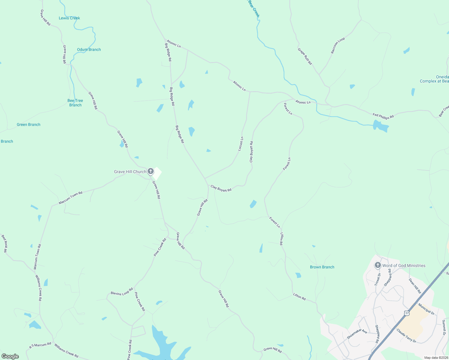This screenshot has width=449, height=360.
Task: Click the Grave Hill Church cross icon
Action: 151,171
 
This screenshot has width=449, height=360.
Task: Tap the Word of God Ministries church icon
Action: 378,265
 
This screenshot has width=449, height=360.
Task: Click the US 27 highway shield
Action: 407,313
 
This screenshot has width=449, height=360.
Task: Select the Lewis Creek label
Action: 69,18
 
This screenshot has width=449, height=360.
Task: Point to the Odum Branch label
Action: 89,49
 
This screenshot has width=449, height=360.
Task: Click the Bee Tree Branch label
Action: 75,103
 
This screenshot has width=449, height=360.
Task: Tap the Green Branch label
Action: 29,124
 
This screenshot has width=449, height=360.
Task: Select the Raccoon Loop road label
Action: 338,46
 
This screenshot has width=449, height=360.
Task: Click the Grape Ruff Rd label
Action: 305,56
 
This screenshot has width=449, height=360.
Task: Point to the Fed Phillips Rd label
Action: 383,116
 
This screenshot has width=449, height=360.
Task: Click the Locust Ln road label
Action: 241,144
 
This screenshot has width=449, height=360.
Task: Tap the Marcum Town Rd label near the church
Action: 71,198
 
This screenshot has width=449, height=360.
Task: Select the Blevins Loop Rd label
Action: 122,292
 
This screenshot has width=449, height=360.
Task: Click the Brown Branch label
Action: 322,267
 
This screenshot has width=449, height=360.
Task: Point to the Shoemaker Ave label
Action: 357,334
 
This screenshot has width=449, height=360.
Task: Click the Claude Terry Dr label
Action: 406,336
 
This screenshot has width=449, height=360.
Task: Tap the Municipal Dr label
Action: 426,309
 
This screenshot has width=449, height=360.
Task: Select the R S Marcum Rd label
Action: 40,345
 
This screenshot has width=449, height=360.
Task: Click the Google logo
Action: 10,356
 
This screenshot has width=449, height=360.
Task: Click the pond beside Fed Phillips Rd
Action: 381,126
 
